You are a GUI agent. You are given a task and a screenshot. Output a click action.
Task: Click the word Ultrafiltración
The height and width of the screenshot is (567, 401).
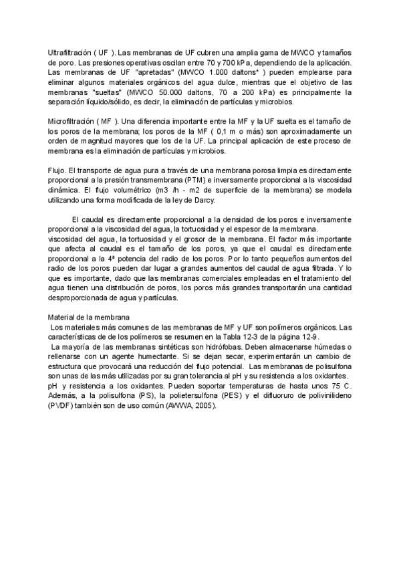point(70,52)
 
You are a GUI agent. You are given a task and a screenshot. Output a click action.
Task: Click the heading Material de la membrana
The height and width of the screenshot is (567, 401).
point(90,317)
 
